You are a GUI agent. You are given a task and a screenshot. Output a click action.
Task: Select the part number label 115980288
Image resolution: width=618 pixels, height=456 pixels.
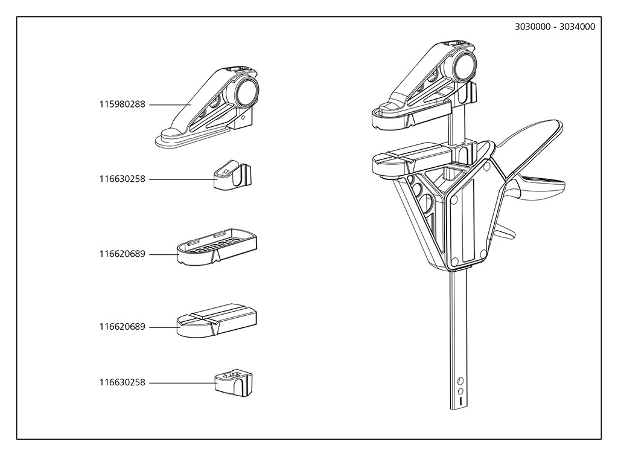[x=122, y=104]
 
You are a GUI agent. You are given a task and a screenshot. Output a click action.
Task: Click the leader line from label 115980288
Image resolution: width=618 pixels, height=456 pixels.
[x=170, y=104]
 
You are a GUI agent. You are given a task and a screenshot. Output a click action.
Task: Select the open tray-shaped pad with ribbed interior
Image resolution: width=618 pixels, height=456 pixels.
[x=217, y=248]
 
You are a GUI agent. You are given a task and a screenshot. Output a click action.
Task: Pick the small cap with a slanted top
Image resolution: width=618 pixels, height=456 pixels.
[x=232, y=176]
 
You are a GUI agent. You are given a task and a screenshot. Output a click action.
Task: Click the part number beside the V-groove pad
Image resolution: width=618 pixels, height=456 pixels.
[x=122, y=327]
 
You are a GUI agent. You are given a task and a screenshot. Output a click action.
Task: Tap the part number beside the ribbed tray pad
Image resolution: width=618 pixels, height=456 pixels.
[x=122, y=254]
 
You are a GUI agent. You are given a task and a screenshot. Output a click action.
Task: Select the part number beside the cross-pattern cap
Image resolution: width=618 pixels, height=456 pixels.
[x=122, y=382]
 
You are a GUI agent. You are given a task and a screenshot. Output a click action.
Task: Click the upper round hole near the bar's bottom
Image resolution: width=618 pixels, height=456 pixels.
[x=460, y=381]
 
